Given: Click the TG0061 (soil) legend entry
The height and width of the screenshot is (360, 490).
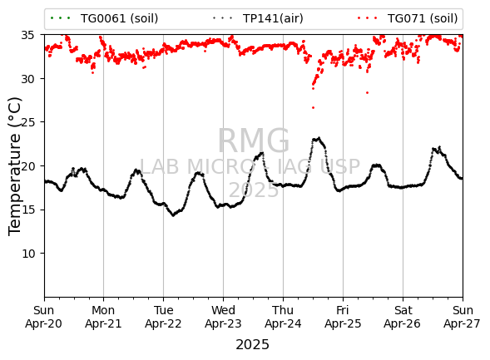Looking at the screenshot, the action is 104,18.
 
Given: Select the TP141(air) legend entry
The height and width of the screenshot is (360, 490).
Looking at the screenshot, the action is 258,18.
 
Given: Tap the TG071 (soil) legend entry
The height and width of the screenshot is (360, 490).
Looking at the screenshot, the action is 408,18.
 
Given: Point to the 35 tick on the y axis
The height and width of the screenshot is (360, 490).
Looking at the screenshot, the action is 27,35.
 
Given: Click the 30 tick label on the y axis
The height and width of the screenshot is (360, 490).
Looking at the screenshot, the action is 27,79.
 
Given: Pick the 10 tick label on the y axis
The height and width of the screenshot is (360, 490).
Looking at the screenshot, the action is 27,254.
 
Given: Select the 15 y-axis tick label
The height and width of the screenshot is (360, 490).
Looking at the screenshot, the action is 27,210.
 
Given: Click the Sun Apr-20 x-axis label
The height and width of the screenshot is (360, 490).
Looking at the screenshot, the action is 44,317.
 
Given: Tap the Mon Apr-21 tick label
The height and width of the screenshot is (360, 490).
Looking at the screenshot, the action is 103,317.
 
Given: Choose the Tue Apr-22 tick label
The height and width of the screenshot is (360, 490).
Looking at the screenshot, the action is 163,317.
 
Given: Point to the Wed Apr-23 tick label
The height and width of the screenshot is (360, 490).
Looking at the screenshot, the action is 223,317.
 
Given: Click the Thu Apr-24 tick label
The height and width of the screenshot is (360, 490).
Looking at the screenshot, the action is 283,317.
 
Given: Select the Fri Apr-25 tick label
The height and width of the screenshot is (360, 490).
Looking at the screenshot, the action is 343,317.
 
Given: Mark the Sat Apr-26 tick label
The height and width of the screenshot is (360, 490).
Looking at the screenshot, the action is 403,317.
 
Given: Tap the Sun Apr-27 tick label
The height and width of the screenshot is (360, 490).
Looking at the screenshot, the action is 463,317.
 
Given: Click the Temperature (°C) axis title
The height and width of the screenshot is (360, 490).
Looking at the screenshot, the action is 14,166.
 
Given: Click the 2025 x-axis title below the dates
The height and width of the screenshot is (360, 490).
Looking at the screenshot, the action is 253,345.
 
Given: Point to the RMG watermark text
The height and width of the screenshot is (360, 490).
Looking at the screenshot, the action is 254,141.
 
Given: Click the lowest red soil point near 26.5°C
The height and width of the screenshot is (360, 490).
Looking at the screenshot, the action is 313,108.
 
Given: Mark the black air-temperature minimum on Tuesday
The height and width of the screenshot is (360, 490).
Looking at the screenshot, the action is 173,215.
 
